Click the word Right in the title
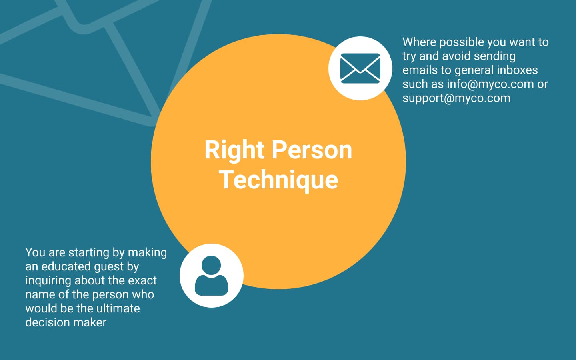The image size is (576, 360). click(234, 151)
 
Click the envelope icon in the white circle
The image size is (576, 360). click(360, 68)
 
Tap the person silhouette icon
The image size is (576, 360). click(211, 276)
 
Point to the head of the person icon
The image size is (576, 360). click(211, 265)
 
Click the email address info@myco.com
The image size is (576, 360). click(490, 84)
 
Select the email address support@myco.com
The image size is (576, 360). click(456, 98)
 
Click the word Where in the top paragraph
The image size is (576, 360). click(419, 42)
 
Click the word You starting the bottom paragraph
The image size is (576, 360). click(35, 252)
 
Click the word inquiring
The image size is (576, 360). click(48, 281)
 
